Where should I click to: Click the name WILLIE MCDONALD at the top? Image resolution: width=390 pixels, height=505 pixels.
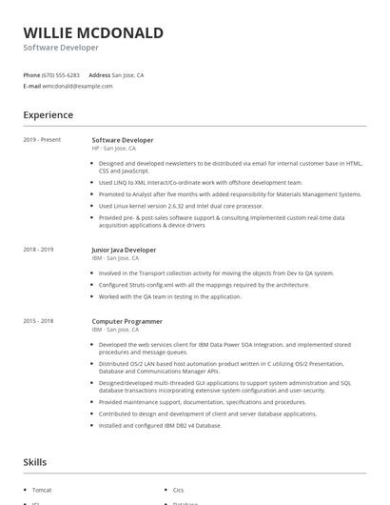(x=93, y=32)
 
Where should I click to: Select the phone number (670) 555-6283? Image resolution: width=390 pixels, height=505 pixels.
(x=62, y=74)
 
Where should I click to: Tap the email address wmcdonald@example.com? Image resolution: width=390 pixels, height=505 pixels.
(x=78, y=86)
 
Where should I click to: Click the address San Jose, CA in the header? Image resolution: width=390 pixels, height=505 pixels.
(x=127, y=74)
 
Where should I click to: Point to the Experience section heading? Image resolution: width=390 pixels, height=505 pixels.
(x=48, y=115)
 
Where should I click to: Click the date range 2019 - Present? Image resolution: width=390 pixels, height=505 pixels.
(x=42, y=140)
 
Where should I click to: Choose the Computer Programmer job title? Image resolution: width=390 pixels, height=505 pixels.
(x=127, y=321)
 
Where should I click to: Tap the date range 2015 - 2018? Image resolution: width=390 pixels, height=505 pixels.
(x=38, y=321)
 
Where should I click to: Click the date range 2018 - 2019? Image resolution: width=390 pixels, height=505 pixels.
(x=38, y=250)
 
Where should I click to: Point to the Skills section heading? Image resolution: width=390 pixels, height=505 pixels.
(x=35, y=462)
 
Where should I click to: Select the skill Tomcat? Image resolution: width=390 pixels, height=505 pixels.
(x=43, y=490)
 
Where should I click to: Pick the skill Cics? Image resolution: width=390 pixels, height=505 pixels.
(x=179, y=490)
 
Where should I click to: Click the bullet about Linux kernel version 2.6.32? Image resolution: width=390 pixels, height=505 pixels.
(x=181, y=205)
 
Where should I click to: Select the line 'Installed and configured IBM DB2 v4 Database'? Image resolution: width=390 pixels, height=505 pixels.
(x=160, y=425)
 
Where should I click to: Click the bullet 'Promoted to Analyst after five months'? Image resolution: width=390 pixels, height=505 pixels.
(x=230, y=193)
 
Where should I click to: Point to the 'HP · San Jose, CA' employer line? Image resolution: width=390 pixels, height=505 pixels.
(x=114, y=149)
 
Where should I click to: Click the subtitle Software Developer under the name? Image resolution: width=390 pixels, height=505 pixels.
(x=61, y=47)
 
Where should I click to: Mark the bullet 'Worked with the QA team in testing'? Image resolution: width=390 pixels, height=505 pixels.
(x=169, y=295)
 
